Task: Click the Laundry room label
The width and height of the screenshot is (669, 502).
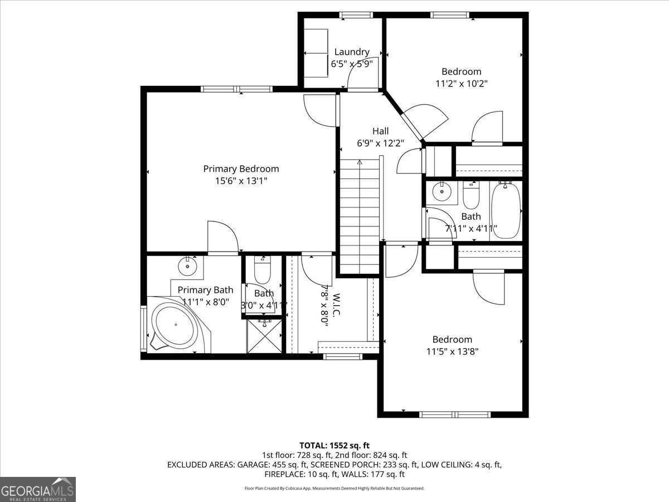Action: coord(352,52)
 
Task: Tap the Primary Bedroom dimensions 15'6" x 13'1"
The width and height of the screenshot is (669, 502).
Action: coord(241,180)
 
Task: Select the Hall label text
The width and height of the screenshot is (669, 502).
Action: coord(381,131)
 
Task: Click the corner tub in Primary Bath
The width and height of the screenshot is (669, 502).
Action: coord(175,326)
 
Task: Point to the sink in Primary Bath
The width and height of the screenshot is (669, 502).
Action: coord(188,266)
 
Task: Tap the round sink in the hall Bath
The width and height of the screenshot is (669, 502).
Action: coord(442,192)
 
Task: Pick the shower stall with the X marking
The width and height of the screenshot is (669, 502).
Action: coord(264,335)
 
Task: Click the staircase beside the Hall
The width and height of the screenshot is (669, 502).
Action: coord(360,215)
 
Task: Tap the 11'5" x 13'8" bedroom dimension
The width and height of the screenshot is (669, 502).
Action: coord(453,351)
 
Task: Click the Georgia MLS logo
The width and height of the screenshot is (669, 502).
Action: coord(38,489)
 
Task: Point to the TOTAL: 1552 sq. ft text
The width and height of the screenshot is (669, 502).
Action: coord(334,445)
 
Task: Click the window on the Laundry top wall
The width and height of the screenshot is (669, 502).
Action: coord(356,15)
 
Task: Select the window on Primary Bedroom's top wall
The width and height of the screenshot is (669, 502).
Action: coord(236,89)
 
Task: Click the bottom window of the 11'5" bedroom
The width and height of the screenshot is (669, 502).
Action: coord(455,414)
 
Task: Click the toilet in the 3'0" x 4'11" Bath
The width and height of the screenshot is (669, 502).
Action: coord(262,271)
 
